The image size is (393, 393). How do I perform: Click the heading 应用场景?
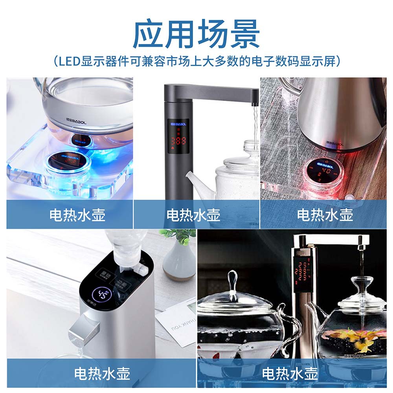click(x=196, y=34)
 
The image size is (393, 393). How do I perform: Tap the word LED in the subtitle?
click(x=69, y=62)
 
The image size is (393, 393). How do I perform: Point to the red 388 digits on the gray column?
click(x=178, y=140)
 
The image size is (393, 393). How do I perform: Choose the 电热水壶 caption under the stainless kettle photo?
click(x=325, y=215)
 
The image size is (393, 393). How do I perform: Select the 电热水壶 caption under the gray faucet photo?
click(x=193, y=215)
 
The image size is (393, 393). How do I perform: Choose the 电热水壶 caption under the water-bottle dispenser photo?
click(x=102, y=373)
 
